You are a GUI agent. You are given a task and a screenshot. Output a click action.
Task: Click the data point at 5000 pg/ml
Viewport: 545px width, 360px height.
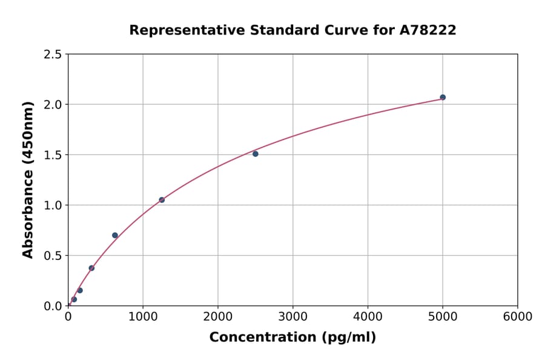443,97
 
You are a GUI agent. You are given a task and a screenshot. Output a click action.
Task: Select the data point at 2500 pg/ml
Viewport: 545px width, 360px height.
256,154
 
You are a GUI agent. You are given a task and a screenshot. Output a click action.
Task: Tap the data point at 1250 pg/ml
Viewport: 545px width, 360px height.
162,199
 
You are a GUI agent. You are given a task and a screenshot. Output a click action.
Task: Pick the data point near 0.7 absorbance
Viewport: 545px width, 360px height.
115,235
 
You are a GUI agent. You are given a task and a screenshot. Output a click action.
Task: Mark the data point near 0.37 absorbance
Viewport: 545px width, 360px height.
91,268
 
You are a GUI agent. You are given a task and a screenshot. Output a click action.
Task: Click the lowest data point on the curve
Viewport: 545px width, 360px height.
74,299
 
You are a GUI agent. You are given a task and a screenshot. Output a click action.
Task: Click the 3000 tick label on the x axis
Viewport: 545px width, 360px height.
293,317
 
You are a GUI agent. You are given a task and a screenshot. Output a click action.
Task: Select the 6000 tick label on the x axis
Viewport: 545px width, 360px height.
517,317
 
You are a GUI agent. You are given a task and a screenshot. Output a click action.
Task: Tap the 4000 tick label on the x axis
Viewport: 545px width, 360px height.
368,317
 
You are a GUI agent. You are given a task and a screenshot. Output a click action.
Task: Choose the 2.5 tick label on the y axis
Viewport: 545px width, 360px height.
53,55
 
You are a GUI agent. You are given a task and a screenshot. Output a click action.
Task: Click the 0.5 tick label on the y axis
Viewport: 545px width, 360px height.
53,256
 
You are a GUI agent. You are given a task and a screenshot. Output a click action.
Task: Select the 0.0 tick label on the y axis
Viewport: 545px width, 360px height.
53,306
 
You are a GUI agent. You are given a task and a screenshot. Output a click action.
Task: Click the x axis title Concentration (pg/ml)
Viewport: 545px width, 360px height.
292,338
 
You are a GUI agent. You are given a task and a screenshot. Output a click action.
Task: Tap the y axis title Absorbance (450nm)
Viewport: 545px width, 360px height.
28,179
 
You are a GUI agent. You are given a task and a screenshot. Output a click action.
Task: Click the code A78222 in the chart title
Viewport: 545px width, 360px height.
428,30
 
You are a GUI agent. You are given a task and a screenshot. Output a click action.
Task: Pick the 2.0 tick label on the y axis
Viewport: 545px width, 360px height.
53,105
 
